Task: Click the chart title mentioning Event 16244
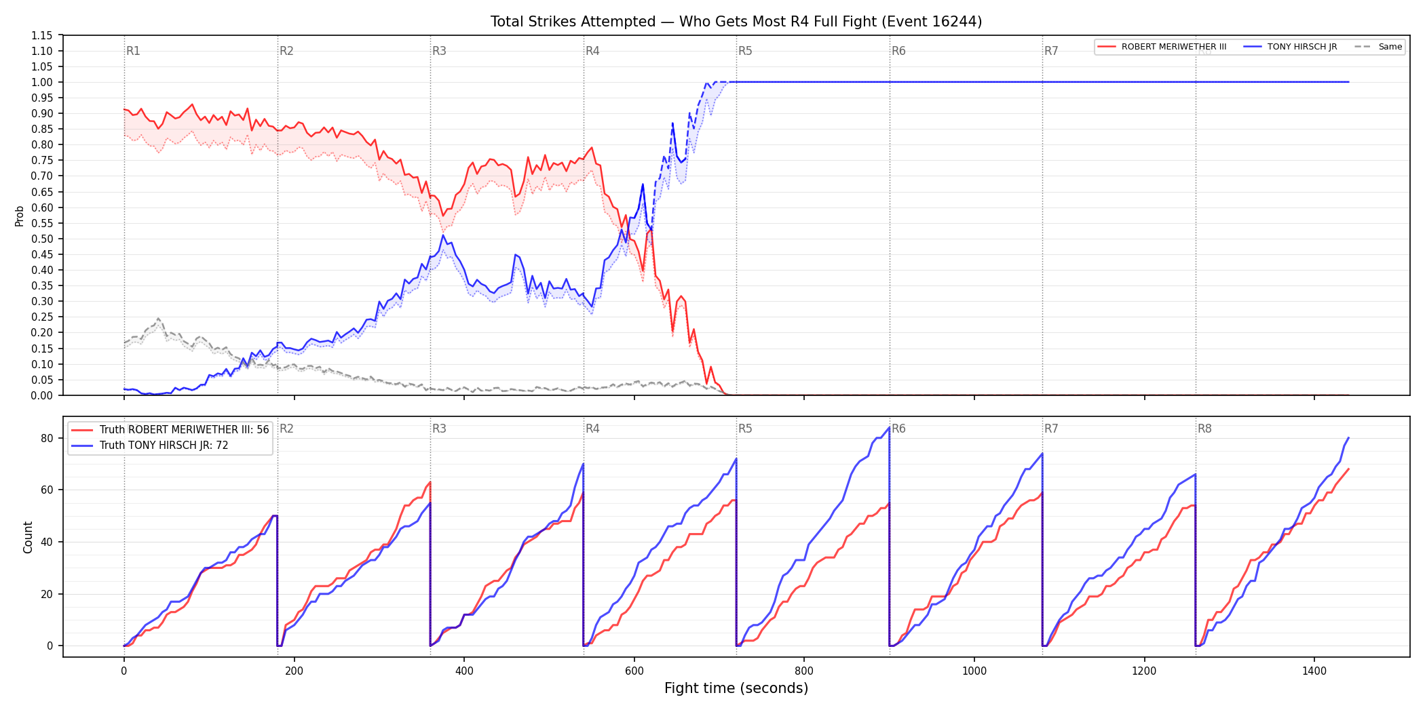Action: click(x=736, y=22)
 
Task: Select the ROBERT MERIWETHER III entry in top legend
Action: click(x=1162, y=47)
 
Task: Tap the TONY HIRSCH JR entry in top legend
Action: click(x=1290, y=47)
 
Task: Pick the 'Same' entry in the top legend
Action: click(x=1379, y=47)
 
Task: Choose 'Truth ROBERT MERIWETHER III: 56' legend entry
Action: click(x=170, y=430)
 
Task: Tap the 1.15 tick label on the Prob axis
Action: click(x=42, y=35)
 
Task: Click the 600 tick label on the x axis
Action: click(x=634, y=671)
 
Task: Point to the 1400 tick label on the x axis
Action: click(x=1314, y=671)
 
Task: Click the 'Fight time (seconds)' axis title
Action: click(x=736, y=688)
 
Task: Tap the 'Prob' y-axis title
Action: click(x=20, y=216)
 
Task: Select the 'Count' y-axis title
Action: click(x=28, y=537)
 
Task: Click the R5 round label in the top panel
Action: click(x=745, y=51)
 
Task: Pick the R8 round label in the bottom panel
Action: click(x=1204, y=429)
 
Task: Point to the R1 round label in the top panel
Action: click(x=133, y=51)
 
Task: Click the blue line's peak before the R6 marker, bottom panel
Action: click(x=889, y=427)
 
